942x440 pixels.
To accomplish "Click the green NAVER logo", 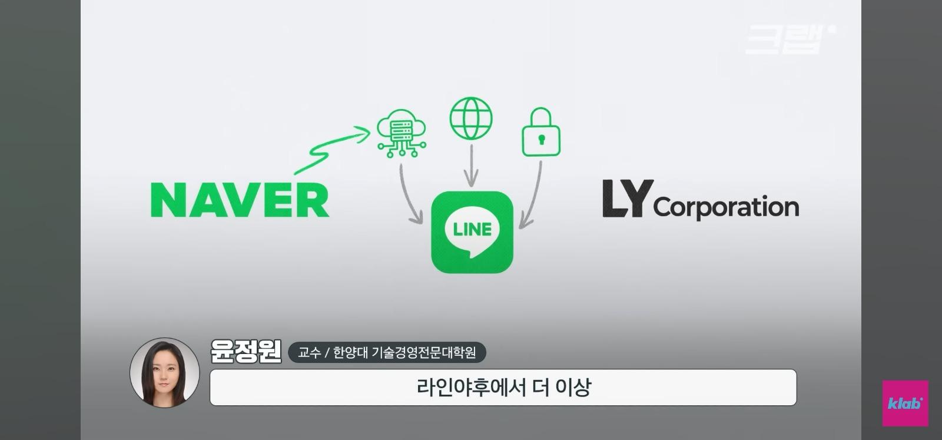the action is point(240,200).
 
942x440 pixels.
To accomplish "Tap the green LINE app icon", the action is point(472,232).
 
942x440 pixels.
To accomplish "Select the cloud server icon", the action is point(402,133).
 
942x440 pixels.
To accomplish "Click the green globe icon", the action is point(471,118).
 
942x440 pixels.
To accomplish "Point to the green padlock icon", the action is point(541,132).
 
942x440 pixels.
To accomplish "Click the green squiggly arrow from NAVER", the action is point(328,150).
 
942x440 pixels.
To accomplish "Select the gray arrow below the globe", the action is point(472,166).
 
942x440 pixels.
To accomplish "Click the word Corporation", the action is point(727,207).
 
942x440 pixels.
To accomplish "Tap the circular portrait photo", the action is point(164,373).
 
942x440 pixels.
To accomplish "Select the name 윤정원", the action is point(246,351).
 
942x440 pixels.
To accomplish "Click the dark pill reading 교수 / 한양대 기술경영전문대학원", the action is point(387,352).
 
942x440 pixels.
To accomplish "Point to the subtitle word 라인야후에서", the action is point(471,388).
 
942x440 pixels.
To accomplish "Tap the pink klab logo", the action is point(905,403).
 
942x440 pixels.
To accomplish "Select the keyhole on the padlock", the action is point(541,139).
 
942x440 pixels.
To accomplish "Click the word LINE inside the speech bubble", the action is point(472,229).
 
